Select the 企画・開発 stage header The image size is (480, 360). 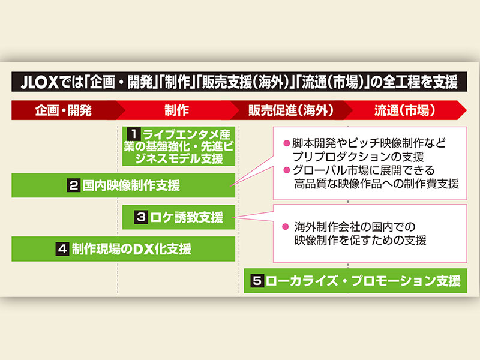[63, 110]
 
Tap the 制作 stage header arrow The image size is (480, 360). [176, 110]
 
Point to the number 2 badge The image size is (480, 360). [74, 185]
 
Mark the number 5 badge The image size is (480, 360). [256, 280]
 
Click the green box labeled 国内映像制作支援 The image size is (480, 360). [123, 185]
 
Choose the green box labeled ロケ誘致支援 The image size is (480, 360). [179, 217]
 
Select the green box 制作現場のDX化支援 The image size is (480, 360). [123, 249]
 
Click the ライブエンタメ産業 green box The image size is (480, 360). [179, 145]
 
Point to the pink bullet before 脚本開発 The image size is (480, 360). [286, 143]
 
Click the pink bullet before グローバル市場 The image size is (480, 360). [286, 170]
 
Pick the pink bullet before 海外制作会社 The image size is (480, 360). [286, 227]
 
